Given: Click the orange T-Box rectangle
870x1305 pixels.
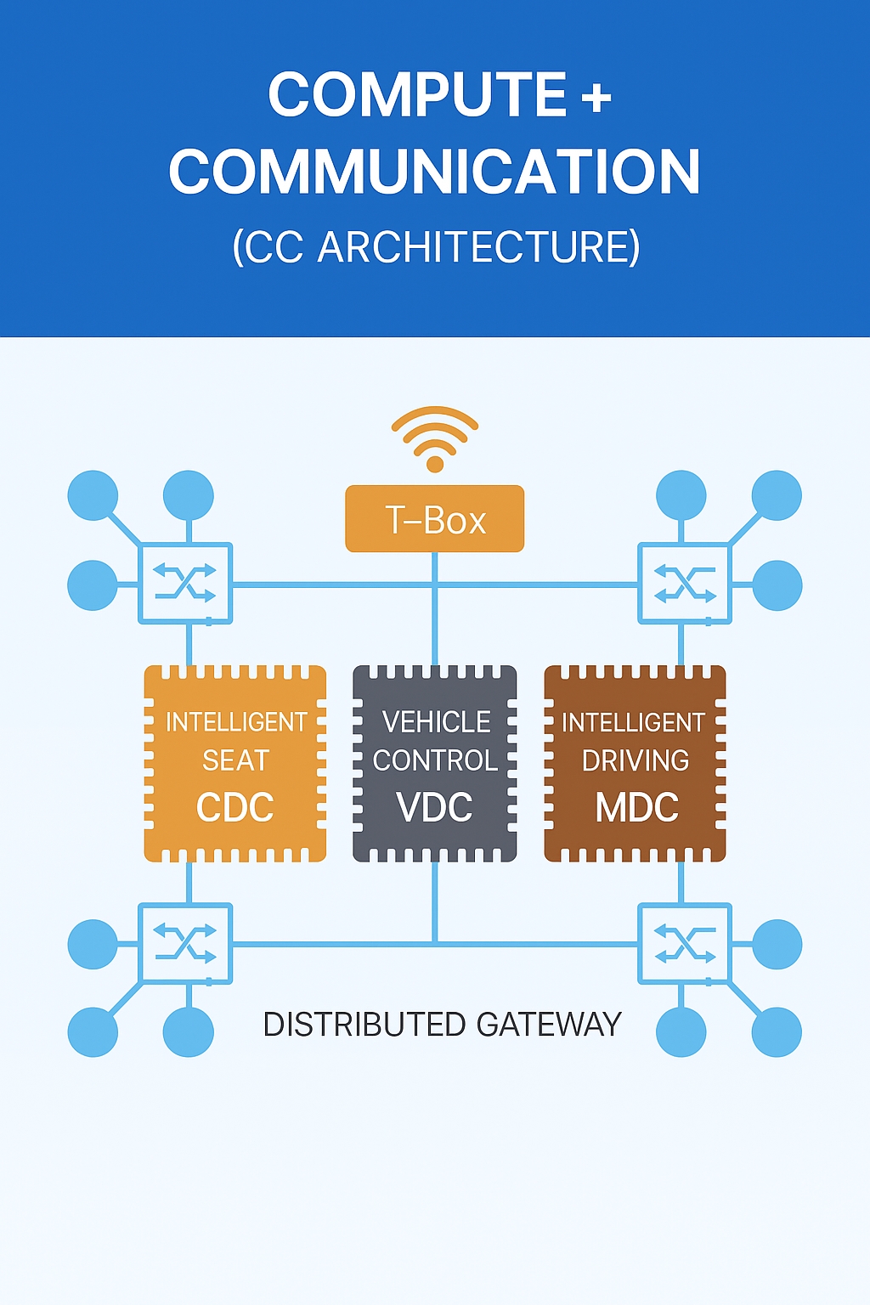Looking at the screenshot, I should click(x=434, y=519).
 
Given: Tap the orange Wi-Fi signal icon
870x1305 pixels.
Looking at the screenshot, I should click(x=434, y=438).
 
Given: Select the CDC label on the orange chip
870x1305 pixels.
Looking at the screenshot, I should click(x=235, y=807).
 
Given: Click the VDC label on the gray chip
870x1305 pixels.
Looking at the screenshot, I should click(x=434, y=807).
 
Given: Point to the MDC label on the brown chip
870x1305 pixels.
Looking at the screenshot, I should click(x=636, y=807).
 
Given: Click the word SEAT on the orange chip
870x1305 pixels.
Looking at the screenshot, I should click(x=235, y=760).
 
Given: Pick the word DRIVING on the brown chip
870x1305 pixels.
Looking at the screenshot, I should click(x=636, y=760).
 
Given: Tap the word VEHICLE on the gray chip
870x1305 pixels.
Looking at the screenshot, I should click(x=436, y=722).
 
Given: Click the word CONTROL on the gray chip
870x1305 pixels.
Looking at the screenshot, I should click(x=435, y=760).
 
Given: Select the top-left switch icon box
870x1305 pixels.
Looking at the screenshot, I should click(x=185, y=584).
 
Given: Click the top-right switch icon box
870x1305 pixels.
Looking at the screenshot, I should click(x=684, y=584).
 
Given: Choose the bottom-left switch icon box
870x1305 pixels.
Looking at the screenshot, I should click(x=185, y=943).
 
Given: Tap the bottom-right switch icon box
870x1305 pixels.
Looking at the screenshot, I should click(x=684, y=943).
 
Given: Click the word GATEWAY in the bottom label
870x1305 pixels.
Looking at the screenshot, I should click(x=549, y=1025).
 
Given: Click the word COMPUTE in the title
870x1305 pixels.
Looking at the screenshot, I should click(x=417, y=94).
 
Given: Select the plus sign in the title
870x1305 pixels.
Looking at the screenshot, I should click(x=596, y=96).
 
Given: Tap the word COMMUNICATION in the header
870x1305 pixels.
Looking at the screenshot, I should click(x=434, y=172).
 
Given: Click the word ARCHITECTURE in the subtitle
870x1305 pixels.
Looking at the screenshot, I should click(x=477, y=247).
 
